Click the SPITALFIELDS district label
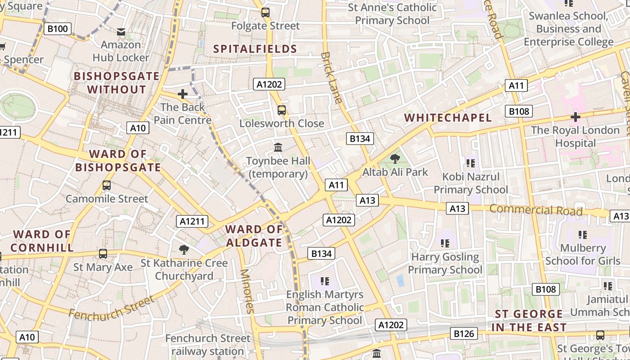255,49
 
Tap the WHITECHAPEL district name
448,118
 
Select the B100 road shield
58,29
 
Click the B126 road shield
464,333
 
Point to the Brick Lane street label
332,77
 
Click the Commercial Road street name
535,210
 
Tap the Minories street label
247,291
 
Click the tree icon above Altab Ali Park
395,158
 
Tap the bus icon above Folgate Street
265,13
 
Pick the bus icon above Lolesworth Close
282,110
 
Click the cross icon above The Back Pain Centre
182,94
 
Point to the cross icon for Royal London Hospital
575,117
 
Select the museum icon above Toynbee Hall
278,147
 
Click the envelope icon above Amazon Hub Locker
121,32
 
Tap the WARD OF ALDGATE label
254,236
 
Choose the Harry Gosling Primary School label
445,263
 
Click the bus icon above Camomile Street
107,185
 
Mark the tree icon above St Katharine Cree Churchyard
184,249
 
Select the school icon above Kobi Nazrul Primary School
471,163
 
